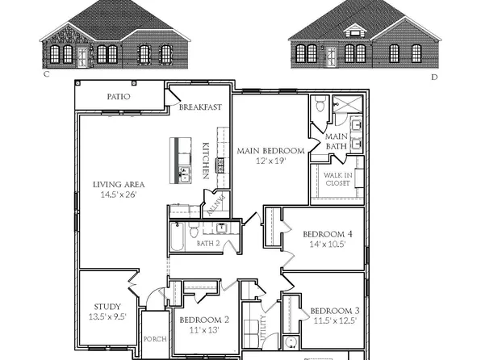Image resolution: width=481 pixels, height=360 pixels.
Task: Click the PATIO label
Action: pos(119,97)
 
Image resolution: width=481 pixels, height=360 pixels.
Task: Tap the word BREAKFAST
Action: pos(200,107)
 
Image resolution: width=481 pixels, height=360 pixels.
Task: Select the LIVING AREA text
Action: pos(119,184)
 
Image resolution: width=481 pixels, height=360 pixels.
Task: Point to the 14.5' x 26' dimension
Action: pos(118,195)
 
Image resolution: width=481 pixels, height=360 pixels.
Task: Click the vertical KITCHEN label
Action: pos(206,161)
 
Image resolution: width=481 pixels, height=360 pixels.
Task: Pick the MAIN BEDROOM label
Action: pos(270,151)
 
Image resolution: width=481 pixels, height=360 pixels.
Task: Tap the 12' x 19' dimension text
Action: pos(270,161)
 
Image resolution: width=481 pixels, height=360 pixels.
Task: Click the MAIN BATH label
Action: pos(337,141)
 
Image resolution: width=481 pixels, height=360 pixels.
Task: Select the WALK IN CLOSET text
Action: pos(337,178)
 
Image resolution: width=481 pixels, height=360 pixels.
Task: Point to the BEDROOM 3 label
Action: pos(334,312)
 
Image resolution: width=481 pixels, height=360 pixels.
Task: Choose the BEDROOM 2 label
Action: pos(204,320)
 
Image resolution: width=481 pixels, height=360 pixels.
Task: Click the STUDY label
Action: pos(107,307)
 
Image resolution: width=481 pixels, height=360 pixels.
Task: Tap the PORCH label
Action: pos(154,339)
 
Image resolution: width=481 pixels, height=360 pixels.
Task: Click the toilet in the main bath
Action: pos(321,103)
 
